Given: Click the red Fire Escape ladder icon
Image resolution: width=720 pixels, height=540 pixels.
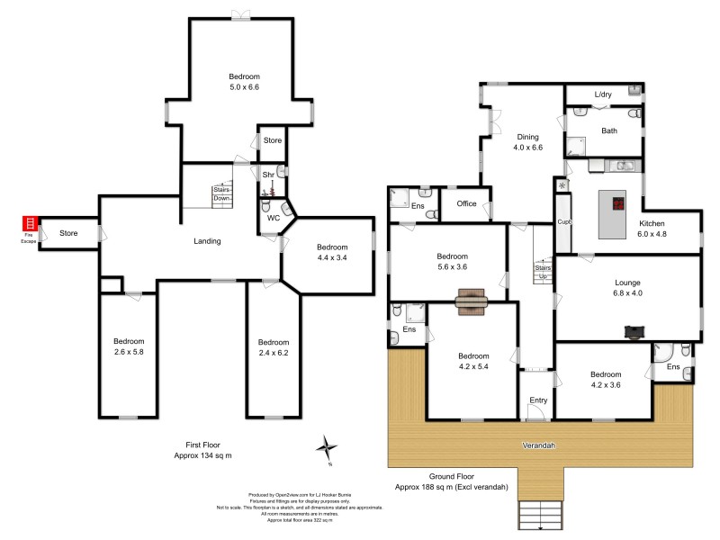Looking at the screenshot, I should tap(30, 223).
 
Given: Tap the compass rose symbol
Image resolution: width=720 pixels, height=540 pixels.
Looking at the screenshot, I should tap(329, 446).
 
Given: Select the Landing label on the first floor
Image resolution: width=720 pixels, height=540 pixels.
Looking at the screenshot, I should tap(207, 241).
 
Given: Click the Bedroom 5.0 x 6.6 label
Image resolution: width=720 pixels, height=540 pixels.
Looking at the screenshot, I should tap(243, 82).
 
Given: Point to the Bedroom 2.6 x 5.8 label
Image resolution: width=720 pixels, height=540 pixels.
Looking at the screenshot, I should tap(128, 346).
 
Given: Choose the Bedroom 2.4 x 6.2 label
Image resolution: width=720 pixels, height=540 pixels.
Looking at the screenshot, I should tap(273, 347).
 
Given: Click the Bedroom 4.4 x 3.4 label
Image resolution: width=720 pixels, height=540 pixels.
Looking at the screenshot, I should tap(331, 253).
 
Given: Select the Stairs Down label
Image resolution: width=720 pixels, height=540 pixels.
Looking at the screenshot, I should tap(221, 193).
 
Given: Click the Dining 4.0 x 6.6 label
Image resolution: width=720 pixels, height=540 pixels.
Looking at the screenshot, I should tap(527, 142).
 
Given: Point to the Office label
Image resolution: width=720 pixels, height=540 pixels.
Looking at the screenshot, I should tap(466, 203).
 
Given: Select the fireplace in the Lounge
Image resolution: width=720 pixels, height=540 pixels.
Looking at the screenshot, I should tap(636, 331).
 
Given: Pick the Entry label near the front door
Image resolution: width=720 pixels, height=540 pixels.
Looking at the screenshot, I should tap(538, 400).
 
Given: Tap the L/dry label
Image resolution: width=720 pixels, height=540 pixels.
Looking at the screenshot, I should tap(603, 94).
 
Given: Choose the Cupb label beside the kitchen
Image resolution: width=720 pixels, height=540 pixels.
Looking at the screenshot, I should tap(564, 221).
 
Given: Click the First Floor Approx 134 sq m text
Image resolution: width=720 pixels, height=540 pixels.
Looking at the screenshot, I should tap(202, 450).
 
